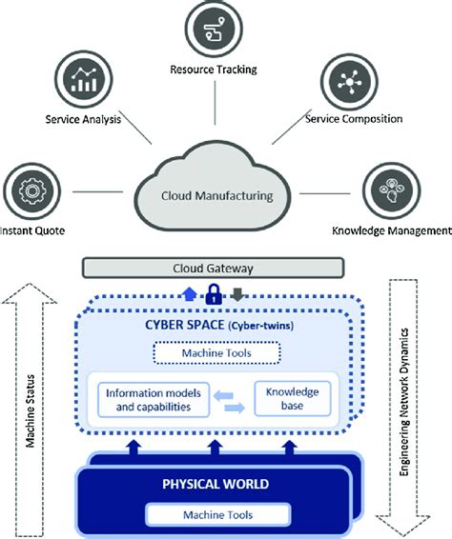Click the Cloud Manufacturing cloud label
[216, 196]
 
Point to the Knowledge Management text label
[390, 231]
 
